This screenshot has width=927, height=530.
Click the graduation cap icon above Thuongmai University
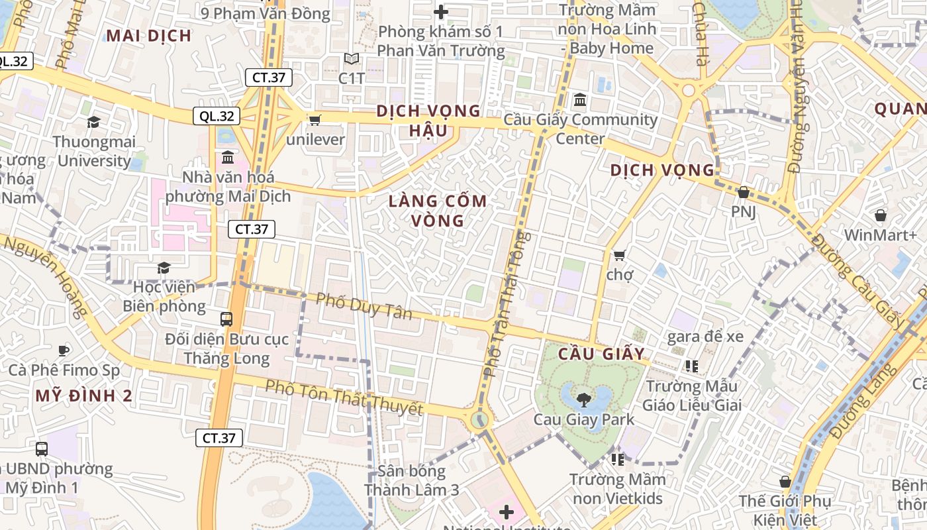click(x=93, y=122)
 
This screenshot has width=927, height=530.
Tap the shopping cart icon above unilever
click(x=315, y=120)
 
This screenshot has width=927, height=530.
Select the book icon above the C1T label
click(x=352, y=59)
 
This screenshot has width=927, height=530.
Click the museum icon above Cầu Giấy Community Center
click(x=580, y=100)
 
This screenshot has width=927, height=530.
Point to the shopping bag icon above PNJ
click(x=743, y=192)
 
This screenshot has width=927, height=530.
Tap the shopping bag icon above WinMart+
click(x=880, y=215)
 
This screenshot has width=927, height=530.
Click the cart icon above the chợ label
click(x=619, y=255)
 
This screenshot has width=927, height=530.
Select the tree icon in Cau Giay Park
click(x=583, y=399)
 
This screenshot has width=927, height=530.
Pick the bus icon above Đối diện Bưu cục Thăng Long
click(x=226, y=319)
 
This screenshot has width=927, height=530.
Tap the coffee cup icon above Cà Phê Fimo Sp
click(x=64, y=350)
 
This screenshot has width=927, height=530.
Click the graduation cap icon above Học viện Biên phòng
click(x=164, y=268)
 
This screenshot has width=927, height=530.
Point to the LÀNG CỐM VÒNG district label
click(x=438, y=211)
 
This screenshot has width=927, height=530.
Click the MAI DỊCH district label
click(x=149, y=36)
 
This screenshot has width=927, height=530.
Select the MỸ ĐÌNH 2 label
click(x=84, y=396)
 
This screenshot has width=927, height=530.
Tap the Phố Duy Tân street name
click(x=364, y=306)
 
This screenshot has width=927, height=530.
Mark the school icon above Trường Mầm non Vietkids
click(x=618, y=458)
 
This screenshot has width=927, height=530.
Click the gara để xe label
click(x=705, y=337)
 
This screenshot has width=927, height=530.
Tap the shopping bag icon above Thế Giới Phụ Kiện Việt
click(x=785, y=482)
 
